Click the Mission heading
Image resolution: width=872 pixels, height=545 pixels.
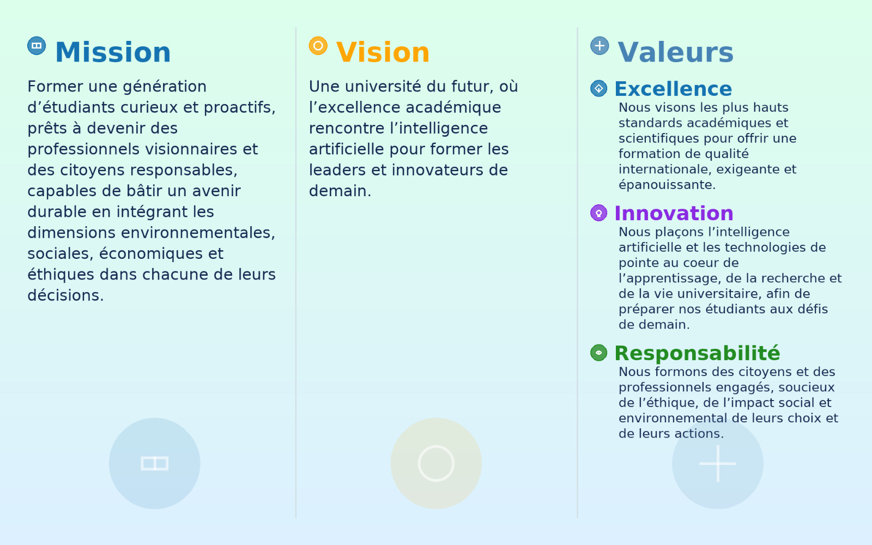point(113,52)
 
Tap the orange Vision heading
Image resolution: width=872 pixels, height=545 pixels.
point(383,52)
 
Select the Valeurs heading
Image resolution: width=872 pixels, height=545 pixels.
point(675,52)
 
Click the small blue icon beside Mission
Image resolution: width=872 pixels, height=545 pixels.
point(37,46)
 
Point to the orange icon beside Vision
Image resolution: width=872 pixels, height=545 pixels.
point(318,46)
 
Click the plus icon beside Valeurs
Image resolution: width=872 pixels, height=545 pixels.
point(599,46)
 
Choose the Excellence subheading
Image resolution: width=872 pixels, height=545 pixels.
point(673,89)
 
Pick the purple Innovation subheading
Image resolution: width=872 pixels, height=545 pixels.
point(674,213)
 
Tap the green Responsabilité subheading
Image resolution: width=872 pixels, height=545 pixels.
point(697,354)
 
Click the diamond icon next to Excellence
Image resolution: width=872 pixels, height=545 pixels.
point(599,88)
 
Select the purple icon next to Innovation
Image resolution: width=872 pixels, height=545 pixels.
point(599,213)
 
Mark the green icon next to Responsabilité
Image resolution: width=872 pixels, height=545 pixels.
point(599,353)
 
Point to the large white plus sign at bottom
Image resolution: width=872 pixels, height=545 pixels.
point(717,464)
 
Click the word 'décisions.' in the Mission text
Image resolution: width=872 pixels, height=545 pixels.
point(65,295)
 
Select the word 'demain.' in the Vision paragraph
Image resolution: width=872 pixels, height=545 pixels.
point(340,191)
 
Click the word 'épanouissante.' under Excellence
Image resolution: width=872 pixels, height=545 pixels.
point(667,185)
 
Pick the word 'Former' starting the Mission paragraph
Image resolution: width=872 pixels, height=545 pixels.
point(55,87)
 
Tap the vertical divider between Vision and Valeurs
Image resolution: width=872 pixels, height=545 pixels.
point(577,272)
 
